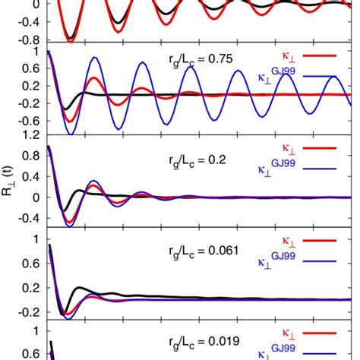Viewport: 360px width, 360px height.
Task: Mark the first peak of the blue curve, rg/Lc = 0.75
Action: click(94, 58)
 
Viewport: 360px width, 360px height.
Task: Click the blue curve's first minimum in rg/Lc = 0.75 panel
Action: click(71, 134)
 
